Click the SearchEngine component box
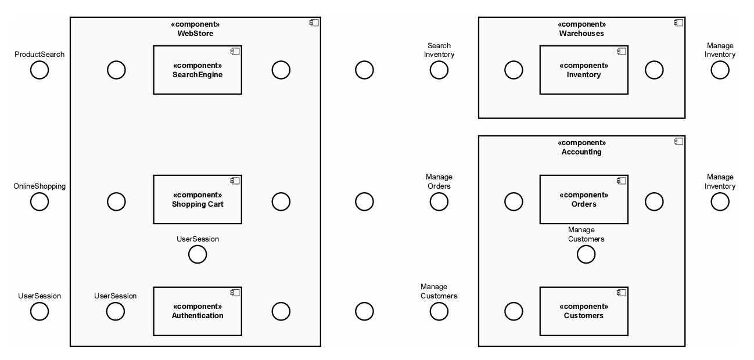coord(198,70)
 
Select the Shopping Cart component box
coord(198,199)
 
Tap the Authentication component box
coord(198,311)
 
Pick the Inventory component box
coord(583,70)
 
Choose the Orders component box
coord(583,199)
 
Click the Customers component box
coord(583,311)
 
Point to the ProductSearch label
coord(40,55)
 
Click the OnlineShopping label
coord(40,186)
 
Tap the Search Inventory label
coord(439,50)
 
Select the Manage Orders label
coord(439,182)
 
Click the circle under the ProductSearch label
coord(40,70)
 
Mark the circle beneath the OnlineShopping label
coord(40,201)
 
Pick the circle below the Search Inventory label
coord(439,70)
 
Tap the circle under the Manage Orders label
coord(439,201)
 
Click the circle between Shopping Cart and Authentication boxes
coord(198,254)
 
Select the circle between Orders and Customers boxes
coord(586,254)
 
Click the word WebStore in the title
coord(195,33)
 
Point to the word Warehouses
coord(581,33)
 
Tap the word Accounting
coord(581,152)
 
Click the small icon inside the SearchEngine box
coord(235,52)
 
